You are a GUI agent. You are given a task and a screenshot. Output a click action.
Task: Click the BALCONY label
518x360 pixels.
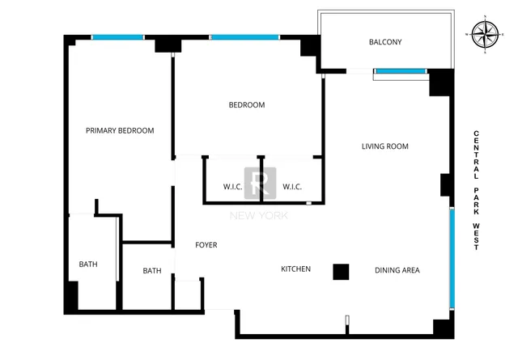pos(385,42)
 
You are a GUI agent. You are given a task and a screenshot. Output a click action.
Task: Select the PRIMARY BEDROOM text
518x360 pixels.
pos(120,130)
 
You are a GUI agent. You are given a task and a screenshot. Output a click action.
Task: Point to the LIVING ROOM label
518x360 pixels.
pos(384,146)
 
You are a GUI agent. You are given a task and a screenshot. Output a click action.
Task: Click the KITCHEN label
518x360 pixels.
pos(295,269)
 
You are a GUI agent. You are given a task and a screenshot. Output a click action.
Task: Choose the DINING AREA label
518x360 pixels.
pos(397,269)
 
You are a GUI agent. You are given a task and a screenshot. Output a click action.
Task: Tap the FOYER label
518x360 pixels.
pos(206,245)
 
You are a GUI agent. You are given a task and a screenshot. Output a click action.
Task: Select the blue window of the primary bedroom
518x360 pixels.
pos(117,37)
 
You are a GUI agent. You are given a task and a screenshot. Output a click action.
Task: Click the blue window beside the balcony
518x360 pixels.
pos(401,72)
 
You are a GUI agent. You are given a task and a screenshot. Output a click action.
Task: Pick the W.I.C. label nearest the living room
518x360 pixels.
pos(292,188)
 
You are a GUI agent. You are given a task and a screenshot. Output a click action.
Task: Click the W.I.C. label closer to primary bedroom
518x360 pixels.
pos(233,188)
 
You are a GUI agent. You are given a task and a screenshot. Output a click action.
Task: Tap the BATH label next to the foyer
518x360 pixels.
pos(152,271)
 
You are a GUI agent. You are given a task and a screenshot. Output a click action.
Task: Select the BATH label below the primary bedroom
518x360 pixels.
pos(88,265)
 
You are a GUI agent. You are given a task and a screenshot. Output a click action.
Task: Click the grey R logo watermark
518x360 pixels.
pos(261,183)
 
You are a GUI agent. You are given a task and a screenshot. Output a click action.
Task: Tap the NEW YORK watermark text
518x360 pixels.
pos(259,215)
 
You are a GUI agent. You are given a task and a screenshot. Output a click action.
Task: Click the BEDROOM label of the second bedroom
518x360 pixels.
pos(246,104)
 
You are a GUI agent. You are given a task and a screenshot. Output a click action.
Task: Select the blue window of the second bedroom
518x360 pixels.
pos(244,37)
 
